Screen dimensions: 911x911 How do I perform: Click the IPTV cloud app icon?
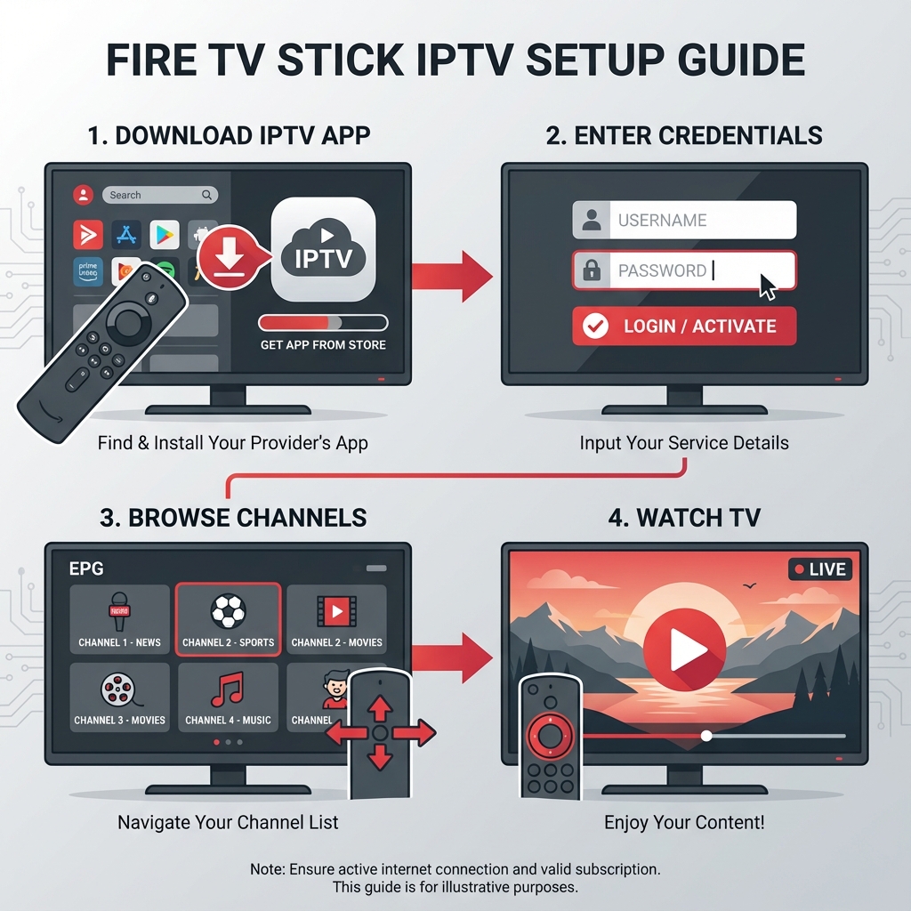click(322, 249)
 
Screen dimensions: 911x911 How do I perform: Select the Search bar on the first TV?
click(159, 195)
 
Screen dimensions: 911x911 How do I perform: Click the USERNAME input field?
click(684, 221)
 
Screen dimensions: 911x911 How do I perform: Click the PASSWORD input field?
click(684, 270)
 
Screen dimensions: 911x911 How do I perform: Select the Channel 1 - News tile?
click(119, 619)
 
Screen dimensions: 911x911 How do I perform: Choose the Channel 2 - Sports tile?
click(229, 619)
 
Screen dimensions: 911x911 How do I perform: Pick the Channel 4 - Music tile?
click(228, 697)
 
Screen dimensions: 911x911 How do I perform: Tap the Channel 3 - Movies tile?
click(119, 697)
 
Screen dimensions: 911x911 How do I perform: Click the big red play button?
click(684, 653)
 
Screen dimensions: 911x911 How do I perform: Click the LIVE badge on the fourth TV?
click(819, 569)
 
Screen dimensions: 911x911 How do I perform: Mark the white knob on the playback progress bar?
click(706, 736)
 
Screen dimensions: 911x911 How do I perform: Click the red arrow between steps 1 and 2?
click(453, 276)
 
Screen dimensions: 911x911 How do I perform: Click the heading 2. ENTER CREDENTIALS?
click(684, 135)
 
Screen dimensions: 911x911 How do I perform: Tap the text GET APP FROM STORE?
click(323, 345)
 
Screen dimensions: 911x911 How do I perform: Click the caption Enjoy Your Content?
click(684, 822)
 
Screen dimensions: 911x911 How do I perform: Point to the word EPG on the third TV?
click(86, 568)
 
